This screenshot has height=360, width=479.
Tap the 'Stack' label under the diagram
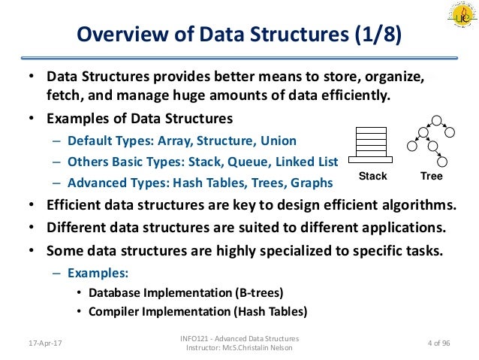tap(372, 177)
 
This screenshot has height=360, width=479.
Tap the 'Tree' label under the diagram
tap(431, 177)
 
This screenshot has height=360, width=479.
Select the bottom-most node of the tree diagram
tap(442, 161)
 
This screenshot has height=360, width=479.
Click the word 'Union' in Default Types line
tap(278, 141)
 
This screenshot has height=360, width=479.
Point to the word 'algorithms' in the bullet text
tap(417, 205)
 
